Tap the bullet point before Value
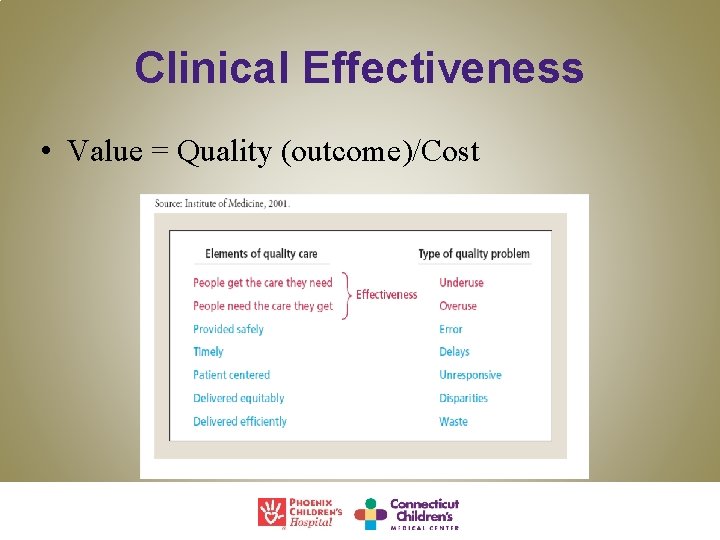click(x=47, y=153)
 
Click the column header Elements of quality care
click(x=261, y=253)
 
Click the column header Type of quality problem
click(x=473, y=253)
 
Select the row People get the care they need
click(x=262, y=283)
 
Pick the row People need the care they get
click(x=262, y=306)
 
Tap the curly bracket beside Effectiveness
click(x=346, y=295)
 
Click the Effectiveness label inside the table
click(x=387, y=295)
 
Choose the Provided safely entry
click(x=228, y=329)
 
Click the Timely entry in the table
click(x=208, y=352)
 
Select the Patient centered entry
click(x=231, y=375)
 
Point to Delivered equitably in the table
click(x=238, y=398)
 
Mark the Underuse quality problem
click(x=461, y=283)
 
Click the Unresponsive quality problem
click(x=470, y=375)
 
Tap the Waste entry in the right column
click(x=453, y=421)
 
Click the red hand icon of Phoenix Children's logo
click(x=271, y=512)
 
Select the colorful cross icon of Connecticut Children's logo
click(x=370, y=513)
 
